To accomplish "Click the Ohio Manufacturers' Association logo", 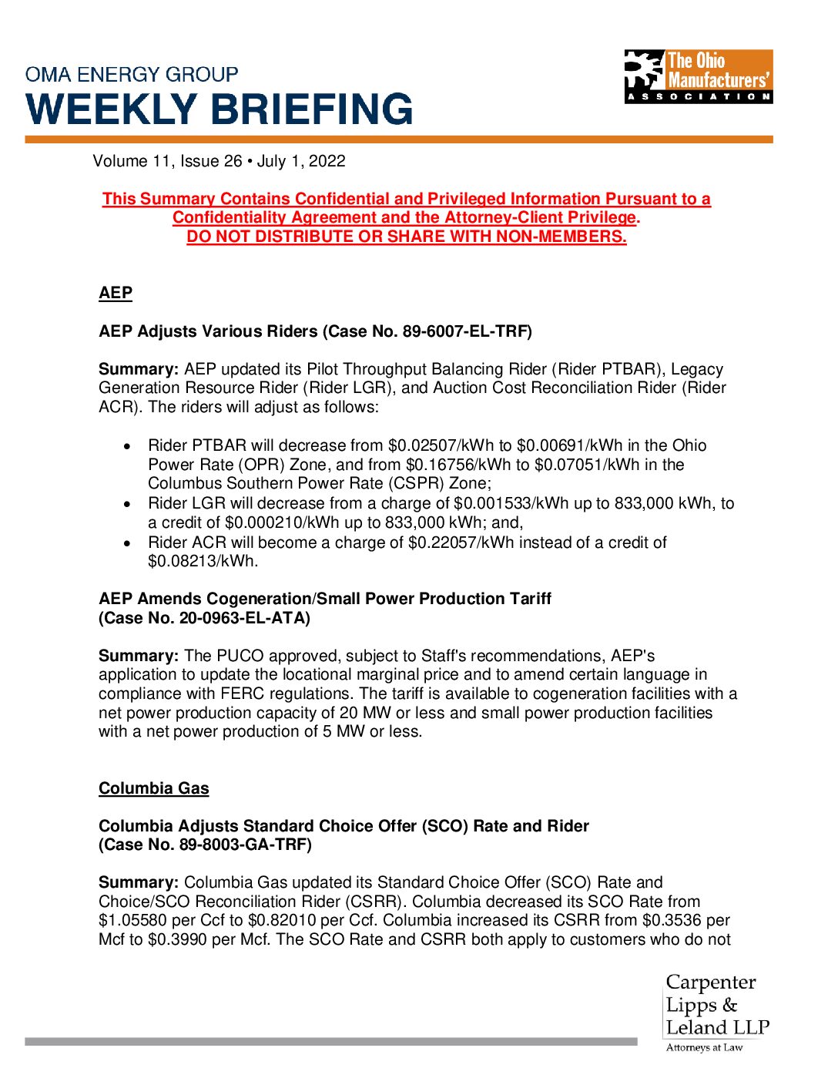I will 698,76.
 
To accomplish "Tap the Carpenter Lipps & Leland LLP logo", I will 717,1011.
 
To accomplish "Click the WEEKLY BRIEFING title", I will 220,109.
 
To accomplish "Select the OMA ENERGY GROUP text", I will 132,75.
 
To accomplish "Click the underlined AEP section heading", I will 116,293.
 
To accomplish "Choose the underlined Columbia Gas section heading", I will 154,788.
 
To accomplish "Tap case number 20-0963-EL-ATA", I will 242,618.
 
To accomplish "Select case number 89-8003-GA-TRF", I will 243,845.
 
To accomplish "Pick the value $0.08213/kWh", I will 202,561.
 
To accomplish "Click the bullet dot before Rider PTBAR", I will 127,446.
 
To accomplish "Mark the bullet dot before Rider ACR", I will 127,543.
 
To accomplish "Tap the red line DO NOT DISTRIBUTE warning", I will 407,237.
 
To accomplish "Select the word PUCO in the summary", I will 240,656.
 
